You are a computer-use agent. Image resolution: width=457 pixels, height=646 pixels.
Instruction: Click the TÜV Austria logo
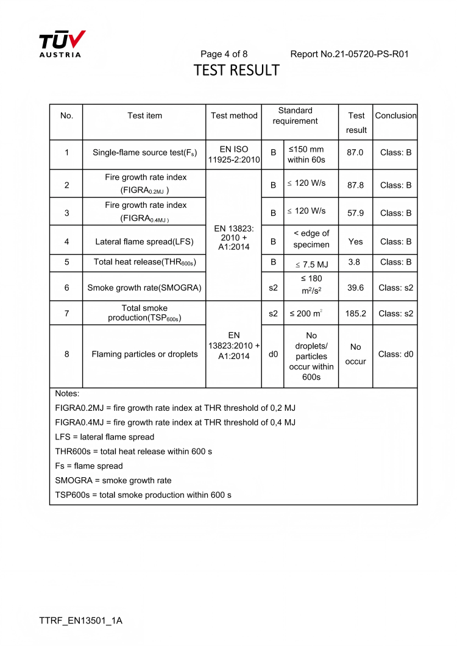[x=62, y=44]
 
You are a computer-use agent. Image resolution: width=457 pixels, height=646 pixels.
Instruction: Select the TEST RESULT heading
[x=236, y=71]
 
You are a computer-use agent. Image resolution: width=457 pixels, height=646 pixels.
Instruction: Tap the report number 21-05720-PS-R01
[x=349, y=54]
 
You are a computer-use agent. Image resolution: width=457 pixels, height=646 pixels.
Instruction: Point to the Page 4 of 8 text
[x=224, y=54]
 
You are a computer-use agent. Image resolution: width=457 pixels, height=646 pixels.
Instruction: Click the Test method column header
[x=234, y=115]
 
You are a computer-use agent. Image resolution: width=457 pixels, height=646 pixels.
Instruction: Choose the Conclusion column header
[x=395, y=115]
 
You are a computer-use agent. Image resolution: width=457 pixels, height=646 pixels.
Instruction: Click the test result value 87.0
[x=355, y=152]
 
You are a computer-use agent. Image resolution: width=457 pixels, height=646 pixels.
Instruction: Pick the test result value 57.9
[x=355, y=213]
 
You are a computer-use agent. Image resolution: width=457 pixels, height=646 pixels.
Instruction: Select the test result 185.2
[x=355, y=314]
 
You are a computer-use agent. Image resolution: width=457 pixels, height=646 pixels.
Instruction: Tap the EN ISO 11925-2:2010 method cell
[x=234, y=155]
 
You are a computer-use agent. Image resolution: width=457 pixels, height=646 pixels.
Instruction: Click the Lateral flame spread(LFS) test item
[x=144, y=241]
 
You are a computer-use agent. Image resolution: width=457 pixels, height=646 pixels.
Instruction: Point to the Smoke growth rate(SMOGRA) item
[x=144, y=288]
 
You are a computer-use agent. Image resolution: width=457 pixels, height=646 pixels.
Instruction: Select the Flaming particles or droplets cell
[x=144, y=354]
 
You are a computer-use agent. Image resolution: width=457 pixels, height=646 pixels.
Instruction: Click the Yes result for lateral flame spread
[x=355, y=241]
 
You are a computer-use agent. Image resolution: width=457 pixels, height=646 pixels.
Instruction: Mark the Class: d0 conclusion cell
[x=395, y=354]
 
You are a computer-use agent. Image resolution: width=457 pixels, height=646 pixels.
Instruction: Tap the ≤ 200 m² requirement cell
[x=311, y=314]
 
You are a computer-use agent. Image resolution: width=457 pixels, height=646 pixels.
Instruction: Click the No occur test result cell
[x=355, y=354]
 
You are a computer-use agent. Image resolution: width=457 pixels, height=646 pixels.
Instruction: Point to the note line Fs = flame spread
[x=89, y=466]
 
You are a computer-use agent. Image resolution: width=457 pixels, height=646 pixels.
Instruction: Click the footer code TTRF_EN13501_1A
[x=81, y=621]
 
